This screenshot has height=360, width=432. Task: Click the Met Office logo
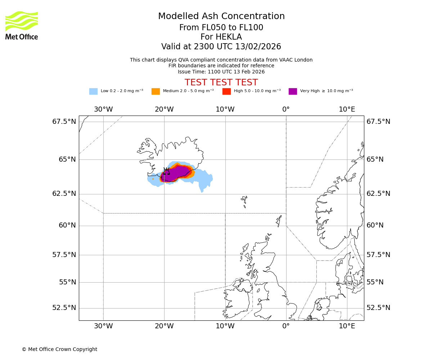pos(22,25)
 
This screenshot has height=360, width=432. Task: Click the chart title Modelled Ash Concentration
pos(221,17)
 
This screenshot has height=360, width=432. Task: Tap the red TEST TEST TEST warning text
pos(221,82)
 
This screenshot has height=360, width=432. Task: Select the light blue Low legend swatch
pos(93,91)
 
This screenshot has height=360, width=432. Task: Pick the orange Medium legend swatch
pos(156,91)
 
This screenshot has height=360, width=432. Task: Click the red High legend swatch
pos(226,91)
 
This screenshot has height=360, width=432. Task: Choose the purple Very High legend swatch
pos(293,91)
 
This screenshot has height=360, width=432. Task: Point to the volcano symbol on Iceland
pos(167,171)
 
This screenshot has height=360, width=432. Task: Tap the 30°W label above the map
pos(103,109)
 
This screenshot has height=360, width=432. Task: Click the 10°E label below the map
pos(347,327)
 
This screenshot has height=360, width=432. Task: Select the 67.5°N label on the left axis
pos(64,122)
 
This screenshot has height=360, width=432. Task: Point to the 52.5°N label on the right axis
pos(378,308)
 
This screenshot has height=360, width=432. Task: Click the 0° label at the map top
pos(286,109)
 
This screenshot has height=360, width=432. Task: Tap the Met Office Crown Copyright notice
pos(59,350)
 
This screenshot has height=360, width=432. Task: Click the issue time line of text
pos(221,72)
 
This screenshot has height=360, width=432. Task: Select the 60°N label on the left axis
pos(67,225)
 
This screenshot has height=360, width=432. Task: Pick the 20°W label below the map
pos(165,327)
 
